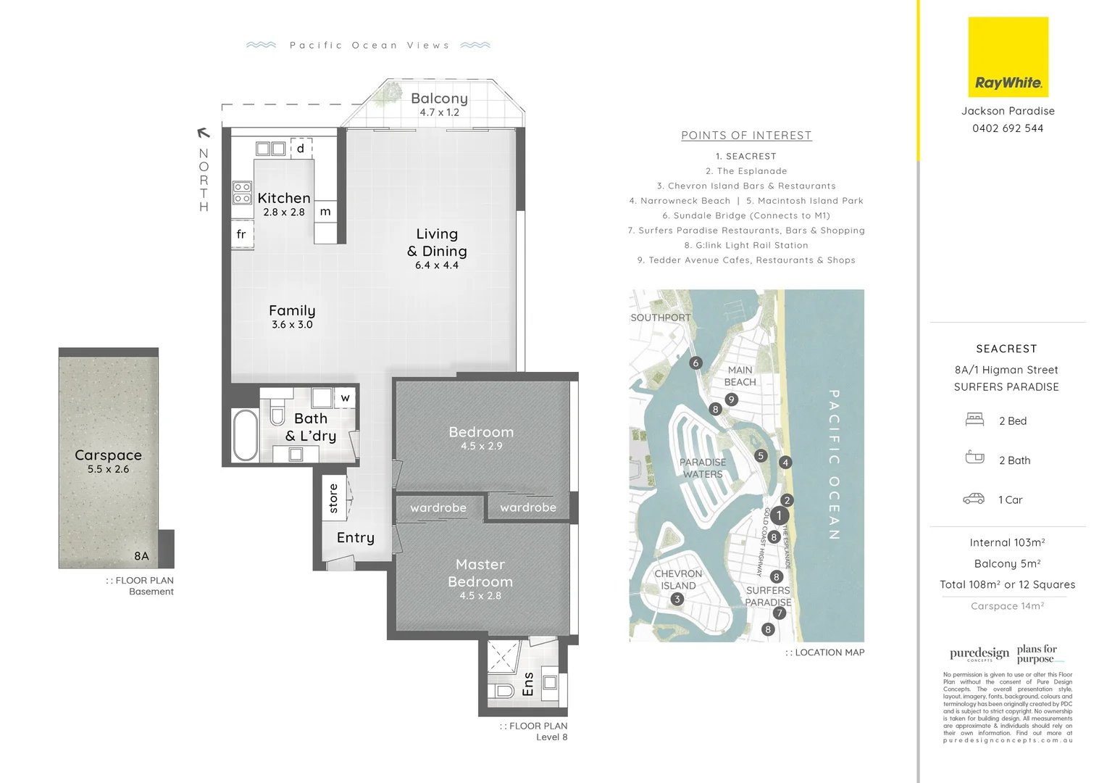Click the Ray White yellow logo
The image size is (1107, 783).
point(1008,57)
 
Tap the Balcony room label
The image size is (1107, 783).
point(439,99)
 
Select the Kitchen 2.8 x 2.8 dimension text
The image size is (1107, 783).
point(284,212)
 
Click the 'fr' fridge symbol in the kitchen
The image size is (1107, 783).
point(241,234)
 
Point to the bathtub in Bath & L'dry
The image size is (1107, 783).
point(245,435)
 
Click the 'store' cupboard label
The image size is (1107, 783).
point(333,498)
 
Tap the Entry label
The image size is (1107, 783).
point(355,538)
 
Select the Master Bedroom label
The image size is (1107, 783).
point(480,573)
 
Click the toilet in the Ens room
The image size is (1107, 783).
point(501,689)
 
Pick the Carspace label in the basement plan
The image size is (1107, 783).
point(108,455)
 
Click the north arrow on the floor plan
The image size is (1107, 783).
point(204,133)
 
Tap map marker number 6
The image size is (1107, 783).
point(695,362)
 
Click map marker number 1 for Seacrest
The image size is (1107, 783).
point(779,515)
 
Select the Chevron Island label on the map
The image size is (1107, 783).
point(678,579)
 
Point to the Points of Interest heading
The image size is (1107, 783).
point(746,136)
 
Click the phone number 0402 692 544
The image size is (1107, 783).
point(1008,128)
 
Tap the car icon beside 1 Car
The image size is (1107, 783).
point(974,499)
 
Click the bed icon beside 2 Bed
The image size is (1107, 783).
point(974,419)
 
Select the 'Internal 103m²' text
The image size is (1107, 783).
point(1007,542)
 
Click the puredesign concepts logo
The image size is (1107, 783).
point(979,654)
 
